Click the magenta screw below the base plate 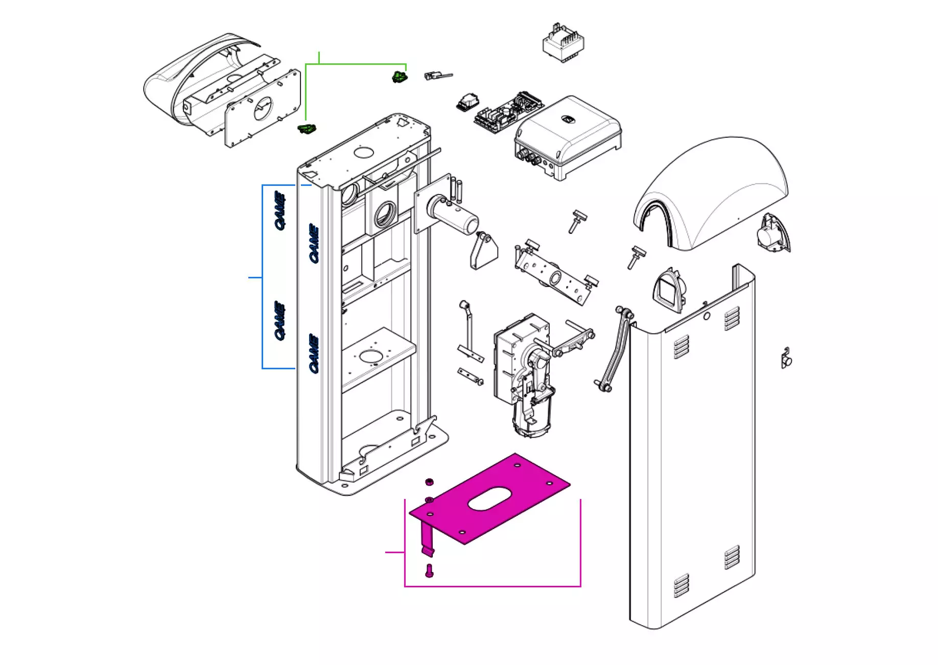(429, 571)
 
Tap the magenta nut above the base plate (430, 482)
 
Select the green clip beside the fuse (400, 77)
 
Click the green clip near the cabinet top (307, 129)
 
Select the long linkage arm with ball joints (614, 349)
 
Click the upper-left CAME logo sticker (279, 210)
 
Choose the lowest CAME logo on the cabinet (314, 353)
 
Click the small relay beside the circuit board (467, 102)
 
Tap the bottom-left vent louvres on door (681, 585)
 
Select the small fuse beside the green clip (437, 76)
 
